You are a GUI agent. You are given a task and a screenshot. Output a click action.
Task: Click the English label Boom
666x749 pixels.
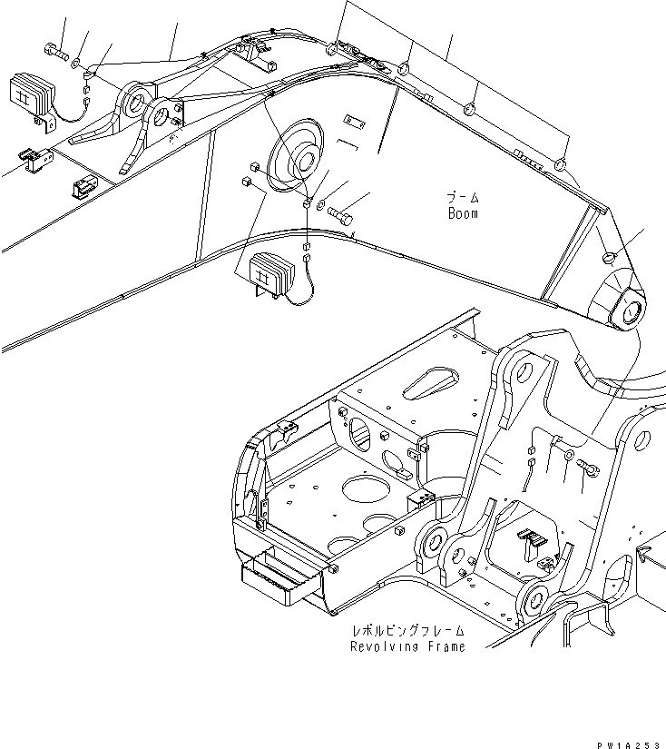pyautogui.click(x=462, y=213)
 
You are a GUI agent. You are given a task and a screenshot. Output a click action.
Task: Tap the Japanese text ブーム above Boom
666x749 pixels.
pyautogui.click(x=462, y=197)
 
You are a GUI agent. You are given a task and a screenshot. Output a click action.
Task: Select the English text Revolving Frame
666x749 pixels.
pyautogui.click(x=407, y=646)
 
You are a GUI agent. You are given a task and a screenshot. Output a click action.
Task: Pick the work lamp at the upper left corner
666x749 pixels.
pyautogui.click(x=30, y=95)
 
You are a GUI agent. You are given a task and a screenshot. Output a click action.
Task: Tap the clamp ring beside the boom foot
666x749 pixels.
pyautogui.click(x=609, y=255)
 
